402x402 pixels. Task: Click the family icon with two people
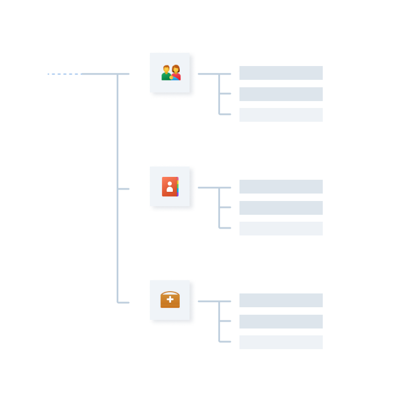tap(171, 73)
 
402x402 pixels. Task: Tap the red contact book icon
tap(170, 187)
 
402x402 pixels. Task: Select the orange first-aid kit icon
tap(170, 300)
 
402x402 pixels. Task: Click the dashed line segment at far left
tap(64, 74)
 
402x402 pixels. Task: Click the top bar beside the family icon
tap(281, 73)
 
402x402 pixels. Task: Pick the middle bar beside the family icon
tap(281, 94)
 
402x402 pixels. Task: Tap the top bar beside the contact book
tap(281, 187)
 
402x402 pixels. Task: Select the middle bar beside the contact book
tap(281, 208)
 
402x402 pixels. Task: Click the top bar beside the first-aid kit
tap(281, 300)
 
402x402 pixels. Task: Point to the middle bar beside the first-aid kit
tap(281, 322)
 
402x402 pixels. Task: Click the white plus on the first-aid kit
tap(170, 299)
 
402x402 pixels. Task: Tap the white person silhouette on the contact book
tap(169, 187)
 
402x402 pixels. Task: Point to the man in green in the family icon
tap(166, 74)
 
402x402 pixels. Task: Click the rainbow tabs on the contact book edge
tap(178, 187)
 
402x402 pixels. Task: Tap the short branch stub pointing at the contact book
tap(124, 188)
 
